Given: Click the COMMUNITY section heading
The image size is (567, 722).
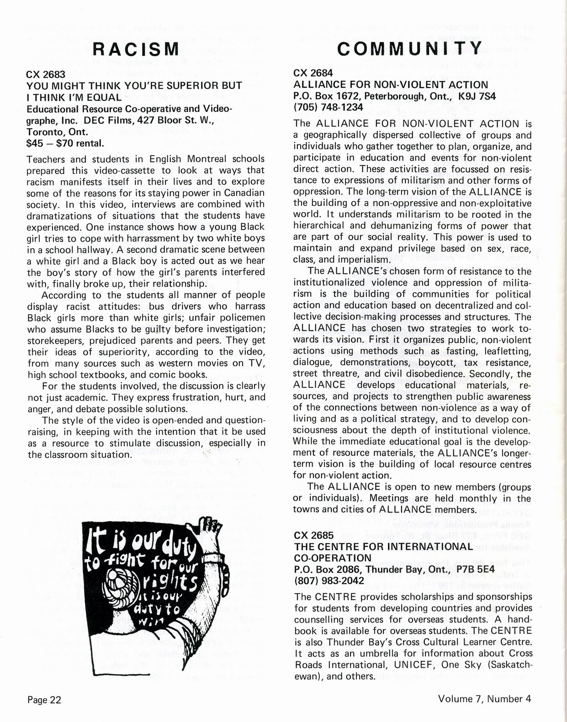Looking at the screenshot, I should [x=409, y=48].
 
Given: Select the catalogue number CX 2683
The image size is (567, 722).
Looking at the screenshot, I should [x=46, y=74].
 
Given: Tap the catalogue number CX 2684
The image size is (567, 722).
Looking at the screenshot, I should [x=313, y=73].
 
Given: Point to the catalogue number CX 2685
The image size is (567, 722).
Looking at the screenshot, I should [x=313, y=535].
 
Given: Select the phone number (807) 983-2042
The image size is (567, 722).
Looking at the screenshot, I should [x=329, y=580].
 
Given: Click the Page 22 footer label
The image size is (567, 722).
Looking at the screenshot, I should [x=44, y=700].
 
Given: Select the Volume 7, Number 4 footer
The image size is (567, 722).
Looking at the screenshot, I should [x=485, y=699].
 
